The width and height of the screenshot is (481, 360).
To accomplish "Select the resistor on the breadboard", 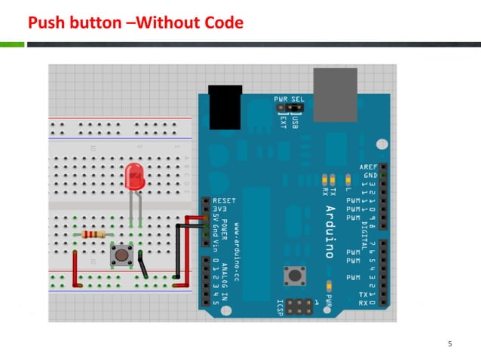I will point(93,234).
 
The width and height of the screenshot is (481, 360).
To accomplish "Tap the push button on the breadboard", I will point(120,255).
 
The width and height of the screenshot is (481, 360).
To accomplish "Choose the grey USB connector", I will point(335,94).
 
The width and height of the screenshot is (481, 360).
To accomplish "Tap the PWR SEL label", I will point(289,99).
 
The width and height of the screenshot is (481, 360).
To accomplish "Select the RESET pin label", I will point(225,201).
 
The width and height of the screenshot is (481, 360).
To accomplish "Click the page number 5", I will point(449,344).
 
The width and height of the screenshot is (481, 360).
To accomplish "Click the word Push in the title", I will point(43,23).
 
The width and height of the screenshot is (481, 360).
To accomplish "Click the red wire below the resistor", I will point(75,268).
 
